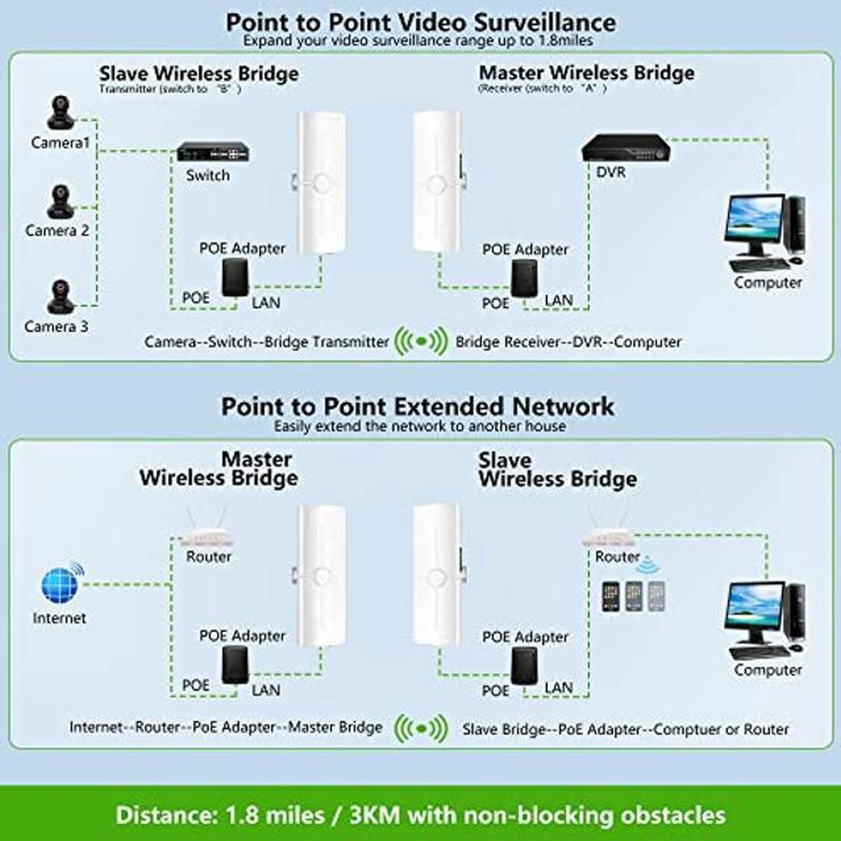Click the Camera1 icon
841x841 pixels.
[x=60, y=112]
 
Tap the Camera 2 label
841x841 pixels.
[x=57, y=231]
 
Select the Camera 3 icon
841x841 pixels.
[x=60, y=296]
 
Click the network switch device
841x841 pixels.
[x=213, y=151]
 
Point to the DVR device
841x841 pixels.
[x=626, y=148]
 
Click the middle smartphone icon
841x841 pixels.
[x=633, y=596]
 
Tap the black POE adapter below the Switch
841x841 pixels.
[x=235, y=277]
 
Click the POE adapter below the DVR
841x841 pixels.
[x=524, y=278]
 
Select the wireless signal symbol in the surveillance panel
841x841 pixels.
[x=421, y=341]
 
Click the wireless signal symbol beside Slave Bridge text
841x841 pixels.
[x=421, y=729]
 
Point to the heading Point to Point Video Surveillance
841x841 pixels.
[x=421, y=22]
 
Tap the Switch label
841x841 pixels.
[x=208, y=175]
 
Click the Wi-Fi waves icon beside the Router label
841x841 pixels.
[x=648, y=564]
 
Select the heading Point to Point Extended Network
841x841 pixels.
[x=418, y=406]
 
